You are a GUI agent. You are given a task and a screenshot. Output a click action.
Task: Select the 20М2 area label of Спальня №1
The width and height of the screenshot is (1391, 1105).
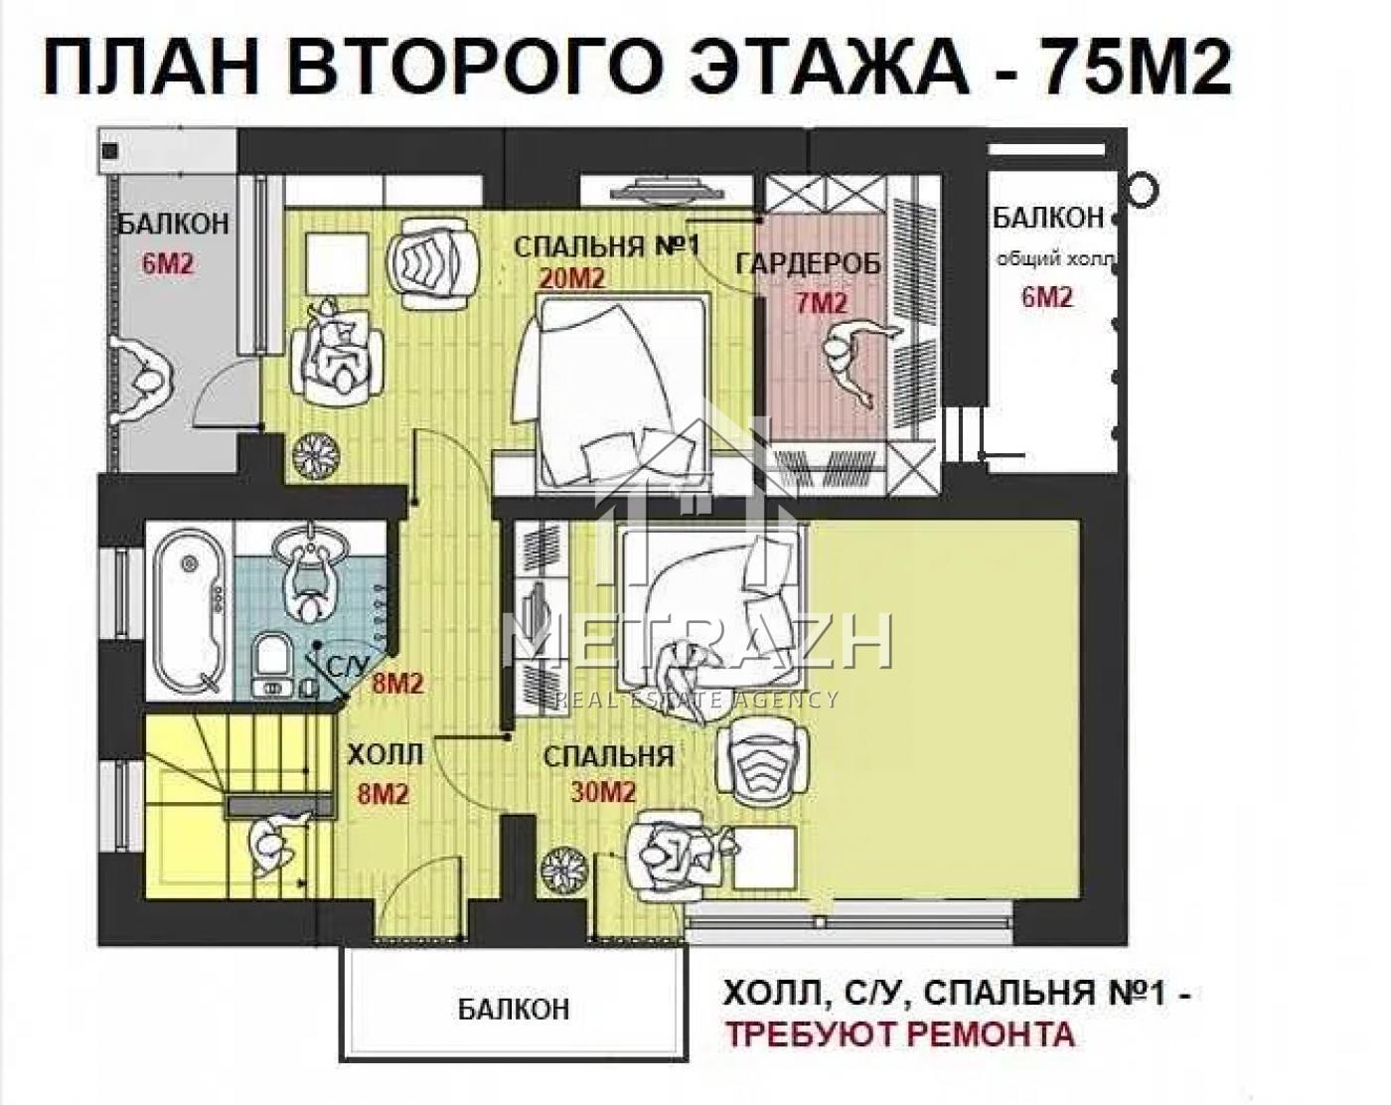[572, 278]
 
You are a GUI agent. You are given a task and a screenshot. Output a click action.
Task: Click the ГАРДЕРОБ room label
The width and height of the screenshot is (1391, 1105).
[809, 263]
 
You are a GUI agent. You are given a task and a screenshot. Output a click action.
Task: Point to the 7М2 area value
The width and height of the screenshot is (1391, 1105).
[821, 303]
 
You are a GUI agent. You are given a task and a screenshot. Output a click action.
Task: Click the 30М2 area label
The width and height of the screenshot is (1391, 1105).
[602, 793]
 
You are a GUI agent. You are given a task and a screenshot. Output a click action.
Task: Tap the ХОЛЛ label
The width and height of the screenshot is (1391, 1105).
[386, 755]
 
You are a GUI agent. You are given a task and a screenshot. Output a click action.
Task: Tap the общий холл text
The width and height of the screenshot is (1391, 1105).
[1056, 259]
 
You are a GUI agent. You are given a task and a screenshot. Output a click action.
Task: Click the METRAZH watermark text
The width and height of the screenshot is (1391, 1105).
[700, 641]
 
